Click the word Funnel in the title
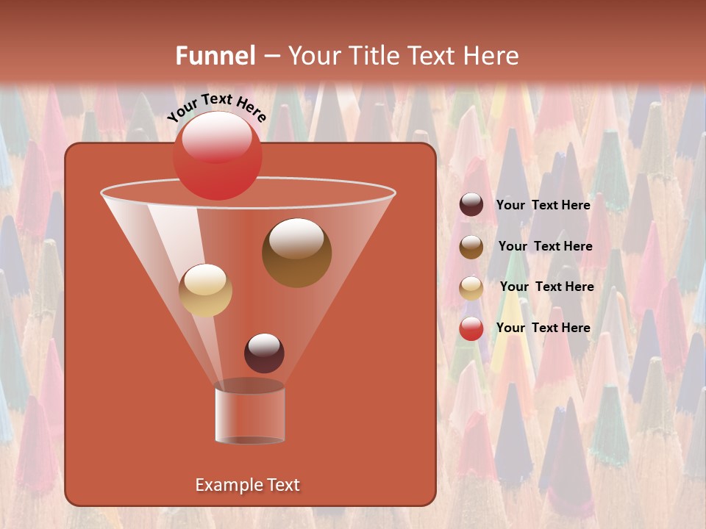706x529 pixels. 215,56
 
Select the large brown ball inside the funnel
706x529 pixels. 296,253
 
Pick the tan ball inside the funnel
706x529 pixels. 205,290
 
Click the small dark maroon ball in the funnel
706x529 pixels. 264,353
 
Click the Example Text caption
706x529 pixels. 247,485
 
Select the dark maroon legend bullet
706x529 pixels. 471,205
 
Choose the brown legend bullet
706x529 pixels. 471,247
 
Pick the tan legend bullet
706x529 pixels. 471,287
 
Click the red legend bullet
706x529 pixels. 471,328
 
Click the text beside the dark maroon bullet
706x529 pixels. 543,205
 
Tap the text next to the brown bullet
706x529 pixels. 545,246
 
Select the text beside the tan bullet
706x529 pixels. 546,287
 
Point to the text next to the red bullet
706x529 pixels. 543,328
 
